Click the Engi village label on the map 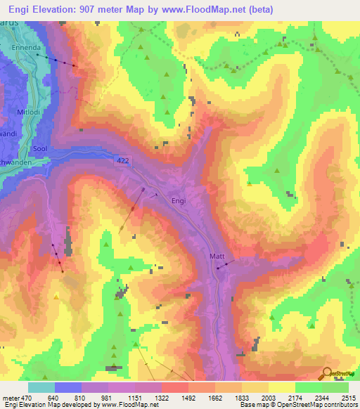(179, 200)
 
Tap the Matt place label (216, 257)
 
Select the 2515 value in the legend (348, 397)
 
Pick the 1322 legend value (162, 397)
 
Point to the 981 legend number (108, 397)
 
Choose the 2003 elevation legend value (268, 397)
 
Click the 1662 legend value (214, 397)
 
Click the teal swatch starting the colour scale (41, 387)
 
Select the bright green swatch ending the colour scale (335, 387)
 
